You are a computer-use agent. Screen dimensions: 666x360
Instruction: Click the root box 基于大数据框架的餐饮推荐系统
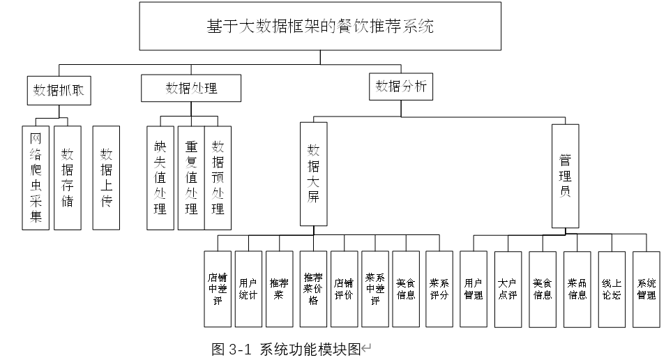click(320, 27)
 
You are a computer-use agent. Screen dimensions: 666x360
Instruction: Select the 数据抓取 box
click(59, 91)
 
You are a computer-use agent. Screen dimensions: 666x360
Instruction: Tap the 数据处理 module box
click(191, 88)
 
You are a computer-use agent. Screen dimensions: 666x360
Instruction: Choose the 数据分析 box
click(401, 87)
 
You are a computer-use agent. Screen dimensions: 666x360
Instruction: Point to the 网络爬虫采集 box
click(36, 178)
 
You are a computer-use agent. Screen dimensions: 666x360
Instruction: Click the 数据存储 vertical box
click(68, 178)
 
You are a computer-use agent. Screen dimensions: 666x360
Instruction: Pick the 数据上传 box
click(106, 178)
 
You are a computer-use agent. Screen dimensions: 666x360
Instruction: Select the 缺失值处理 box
click(160, 178)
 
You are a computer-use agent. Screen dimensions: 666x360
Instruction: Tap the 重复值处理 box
click(191, 178)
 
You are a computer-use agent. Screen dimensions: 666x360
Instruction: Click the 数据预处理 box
click(218, 178)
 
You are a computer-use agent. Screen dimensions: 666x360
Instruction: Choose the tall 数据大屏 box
click(313, 174)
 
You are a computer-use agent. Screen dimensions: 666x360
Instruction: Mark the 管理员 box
click(566, 176)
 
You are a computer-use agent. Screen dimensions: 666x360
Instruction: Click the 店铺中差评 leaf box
click(218, 289)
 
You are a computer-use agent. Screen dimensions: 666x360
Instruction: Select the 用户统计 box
click(248, 289)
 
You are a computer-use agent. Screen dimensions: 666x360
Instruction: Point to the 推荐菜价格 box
click(313, 289)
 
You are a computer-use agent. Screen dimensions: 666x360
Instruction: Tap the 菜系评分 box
click(439, 289)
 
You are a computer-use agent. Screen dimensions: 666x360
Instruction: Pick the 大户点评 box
click(508, 290)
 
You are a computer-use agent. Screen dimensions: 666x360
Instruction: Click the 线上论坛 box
click(612, 290)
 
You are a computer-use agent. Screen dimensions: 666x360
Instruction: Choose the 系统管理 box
click(646, 290)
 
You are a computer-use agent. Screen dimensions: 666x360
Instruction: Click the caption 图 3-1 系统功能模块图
click(287, 350)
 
